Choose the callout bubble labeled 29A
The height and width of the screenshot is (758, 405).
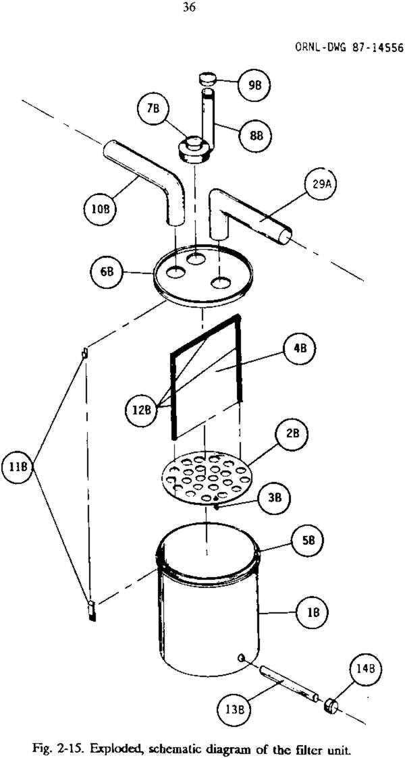(320, 192)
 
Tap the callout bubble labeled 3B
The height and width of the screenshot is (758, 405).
(275, 497)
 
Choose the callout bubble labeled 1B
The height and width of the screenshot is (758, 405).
(313, 612)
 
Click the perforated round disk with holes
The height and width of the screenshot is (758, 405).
(206, 477)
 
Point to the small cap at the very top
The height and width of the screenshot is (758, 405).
(208, 80)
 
